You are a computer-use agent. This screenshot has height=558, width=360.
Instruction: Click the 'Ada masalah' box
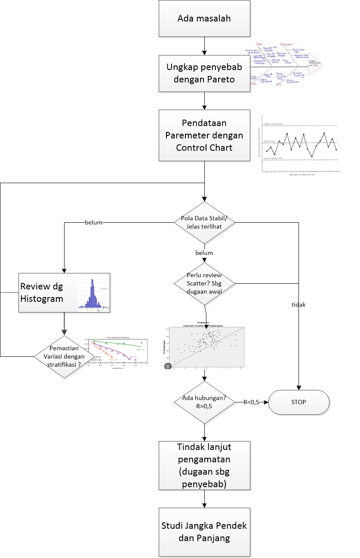204,18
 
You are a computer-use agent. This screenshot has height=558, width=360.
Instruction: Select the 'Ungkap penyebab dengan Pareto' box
204,73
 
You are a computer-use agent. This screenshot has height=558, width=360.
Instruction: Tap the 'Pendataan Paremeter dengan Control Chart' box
204,135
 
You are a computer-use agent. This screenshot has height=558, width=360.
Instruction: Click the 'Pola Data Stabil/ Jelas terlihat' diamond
204,222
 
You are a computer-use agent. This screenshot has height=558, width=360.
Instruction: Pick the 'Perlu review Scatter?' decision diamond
204,283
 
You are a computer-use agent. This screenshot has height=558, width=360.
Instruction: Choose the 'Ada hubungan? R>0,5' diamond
204,402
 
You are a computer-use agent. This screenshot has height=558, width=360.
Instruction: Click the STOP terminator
299,402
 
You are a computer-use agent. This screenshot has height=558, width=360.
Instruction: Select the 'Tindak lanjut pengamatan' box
204,466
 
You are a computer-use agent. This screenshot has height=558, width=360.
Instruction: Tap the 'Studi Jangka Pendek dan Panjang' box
204,532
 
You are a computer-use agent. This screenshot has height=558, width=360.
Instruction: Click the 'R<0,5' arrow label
251,402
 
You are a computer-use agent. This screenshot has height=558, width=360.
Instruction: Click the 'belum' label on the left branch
93,222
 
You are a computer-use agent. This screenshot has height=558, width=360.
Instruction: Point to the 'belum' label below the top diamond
204,253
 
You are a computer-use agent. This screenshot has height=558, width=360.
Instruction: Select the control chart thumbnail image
300,144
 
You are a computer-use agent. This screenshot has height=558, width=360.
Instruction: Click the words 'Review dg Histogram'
42,293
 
